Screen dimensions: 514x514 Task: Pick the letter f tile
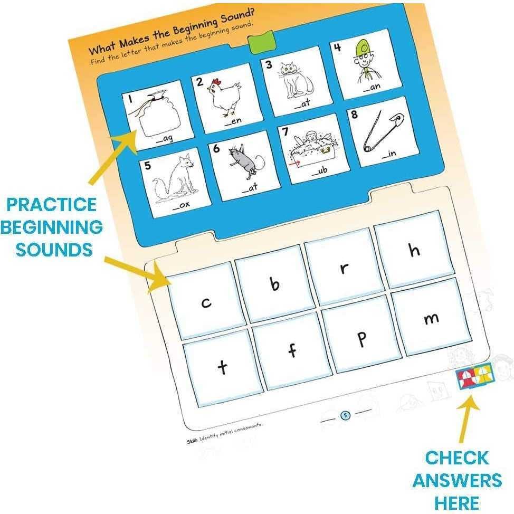click(x=292, y=351)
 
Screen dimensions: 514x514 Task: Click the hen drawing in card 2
click(x=225, y=97)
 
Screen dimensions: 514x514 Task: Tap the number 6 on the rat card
click(x=216, y=148)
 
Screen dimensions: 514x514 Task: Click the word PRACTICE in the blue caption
click(x=52, y=205)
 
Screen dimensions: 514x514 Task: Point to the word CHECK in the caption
click(x=456, y=458)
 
